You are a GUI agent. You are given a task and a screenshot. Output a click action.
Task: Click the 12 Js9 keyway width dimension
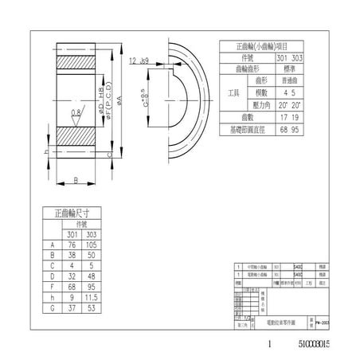click(139, 60)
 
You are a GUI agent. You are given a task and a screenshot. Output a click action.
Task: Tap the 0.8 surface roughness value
click(75, 113)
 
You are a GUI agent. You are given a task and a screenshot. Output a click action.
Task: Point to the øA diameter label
click(119, 98)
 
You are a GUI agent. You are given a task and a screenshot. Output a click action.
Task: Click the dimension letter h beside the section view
click(46, 151)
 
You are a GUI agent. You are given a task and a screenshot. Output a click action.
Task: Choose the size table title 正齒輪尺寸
click(71, 213)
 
